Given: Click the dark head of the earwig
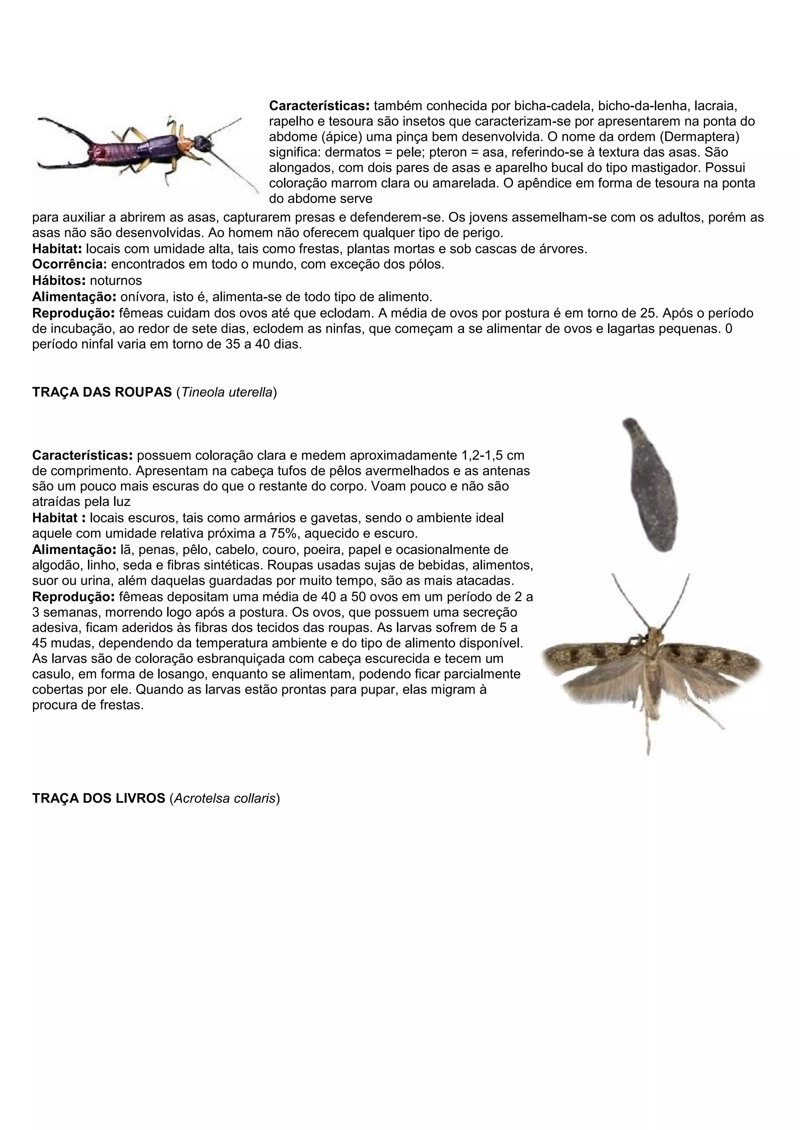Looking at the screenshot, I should pyautogui.click(x=201, y=143).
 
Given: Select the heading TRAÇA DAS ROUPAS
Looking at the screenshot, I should pyautogui.click(x=102, y=392).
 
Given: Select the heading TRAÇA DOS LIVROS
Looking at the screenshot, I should pyautogui.click(x=98, y=798).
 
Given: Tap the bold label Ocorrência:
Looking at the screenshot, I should pyautogui.click(x=70, y=264).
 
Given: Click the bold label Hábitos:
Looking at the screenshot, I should pyautogui.click(x=59, y=281).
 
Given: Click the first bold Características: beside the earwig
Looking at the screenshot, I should pyautogui.click(x=319, y=105).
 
